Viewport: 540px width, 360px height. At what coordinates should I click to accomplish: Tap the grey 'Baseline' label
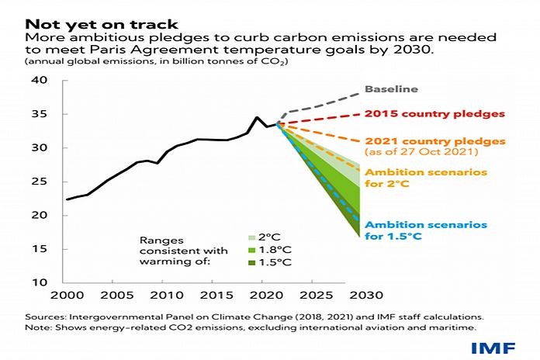tap(402, 90)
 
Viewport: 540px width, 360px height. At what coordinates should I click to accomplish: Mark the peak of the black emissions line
tap(258, 117)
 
